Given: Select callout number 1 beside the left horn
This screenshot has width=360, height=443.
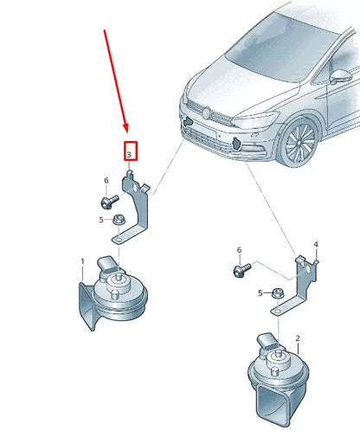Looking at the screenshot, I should click(x=82, y=261).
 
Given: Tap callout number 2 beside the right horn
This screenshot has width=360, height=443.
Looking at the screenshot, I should click(x=297, y=338).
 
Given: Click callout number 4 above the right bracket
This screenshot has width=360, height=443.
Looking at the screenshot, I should click(x=316, y=245).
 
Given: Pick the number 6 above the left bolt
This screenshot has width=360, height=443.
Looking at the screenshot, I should click(x=106, y=181).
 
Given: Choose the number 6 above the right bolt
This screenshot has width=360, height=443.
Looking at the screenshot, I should click(x=239, y=250).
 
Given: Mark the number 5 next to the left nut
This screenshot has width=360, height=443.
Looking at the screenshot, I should click(x=100, y=220).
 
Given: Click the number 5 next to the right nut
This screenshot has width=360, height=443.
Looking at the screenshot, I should click(x=259, y=293).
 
